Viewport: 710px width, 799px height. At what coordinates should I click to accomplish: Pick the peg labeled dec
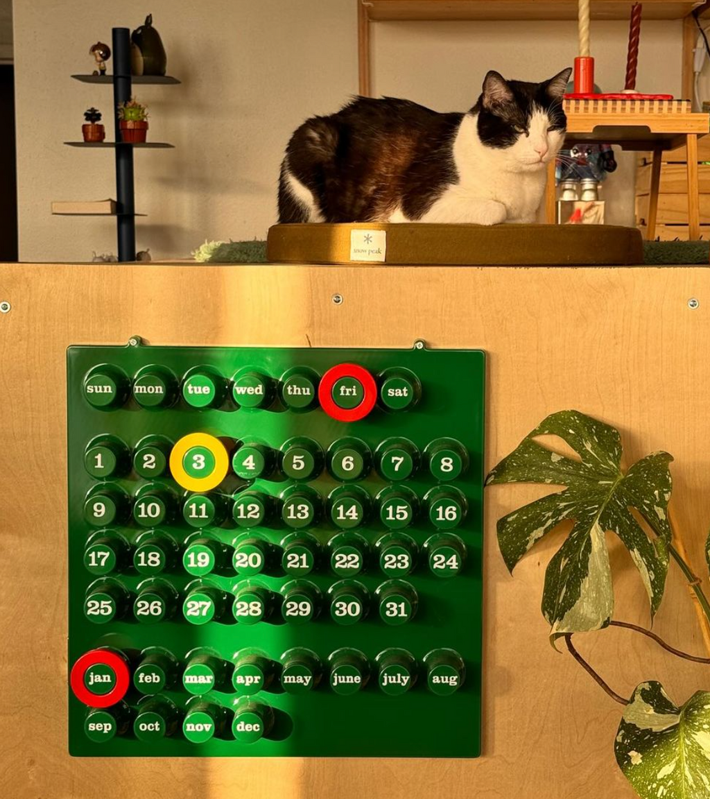pos(248,726)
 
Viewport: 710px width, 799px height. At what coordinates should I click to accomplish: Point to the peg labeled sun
pos(99,389)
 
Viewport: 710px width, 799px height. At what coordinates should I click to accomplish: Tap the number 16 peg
pos(446,513)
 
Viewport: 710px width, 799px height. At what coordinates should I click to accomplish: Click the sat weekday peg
pos(397,391)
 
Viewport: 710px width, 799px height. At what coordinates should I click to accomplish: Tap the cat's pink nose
pos(540,151)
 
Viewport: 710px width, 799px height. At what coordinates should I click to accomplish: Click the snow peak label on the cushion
pos(367,245)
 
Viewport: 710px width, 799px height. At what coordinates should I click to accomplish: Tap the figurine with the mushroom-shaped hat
pos(100,58)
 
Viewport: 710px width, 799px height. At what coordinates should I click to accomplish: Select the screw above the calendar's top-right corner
pos(419,345)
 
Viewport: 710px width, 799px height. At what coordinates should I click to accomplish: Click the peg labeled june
pos(347,678)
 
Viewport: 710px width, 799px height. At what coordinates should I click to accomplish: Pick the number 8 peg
pos(446,464)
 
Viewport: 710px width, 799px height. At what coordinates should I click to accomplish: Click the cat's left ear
pos(560,82)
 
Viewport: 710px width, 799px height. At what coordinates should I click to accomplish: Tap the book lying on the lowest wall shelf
pos(84,207)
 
